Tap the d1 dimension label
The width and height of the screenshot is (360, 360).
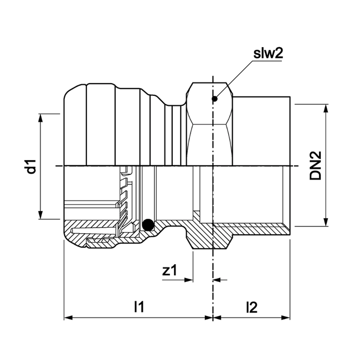[32, 167]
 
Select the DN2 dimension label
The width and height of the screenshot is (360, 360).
[316, 167]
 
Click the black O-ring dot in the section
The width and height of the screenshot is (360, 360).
[148, 224]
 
